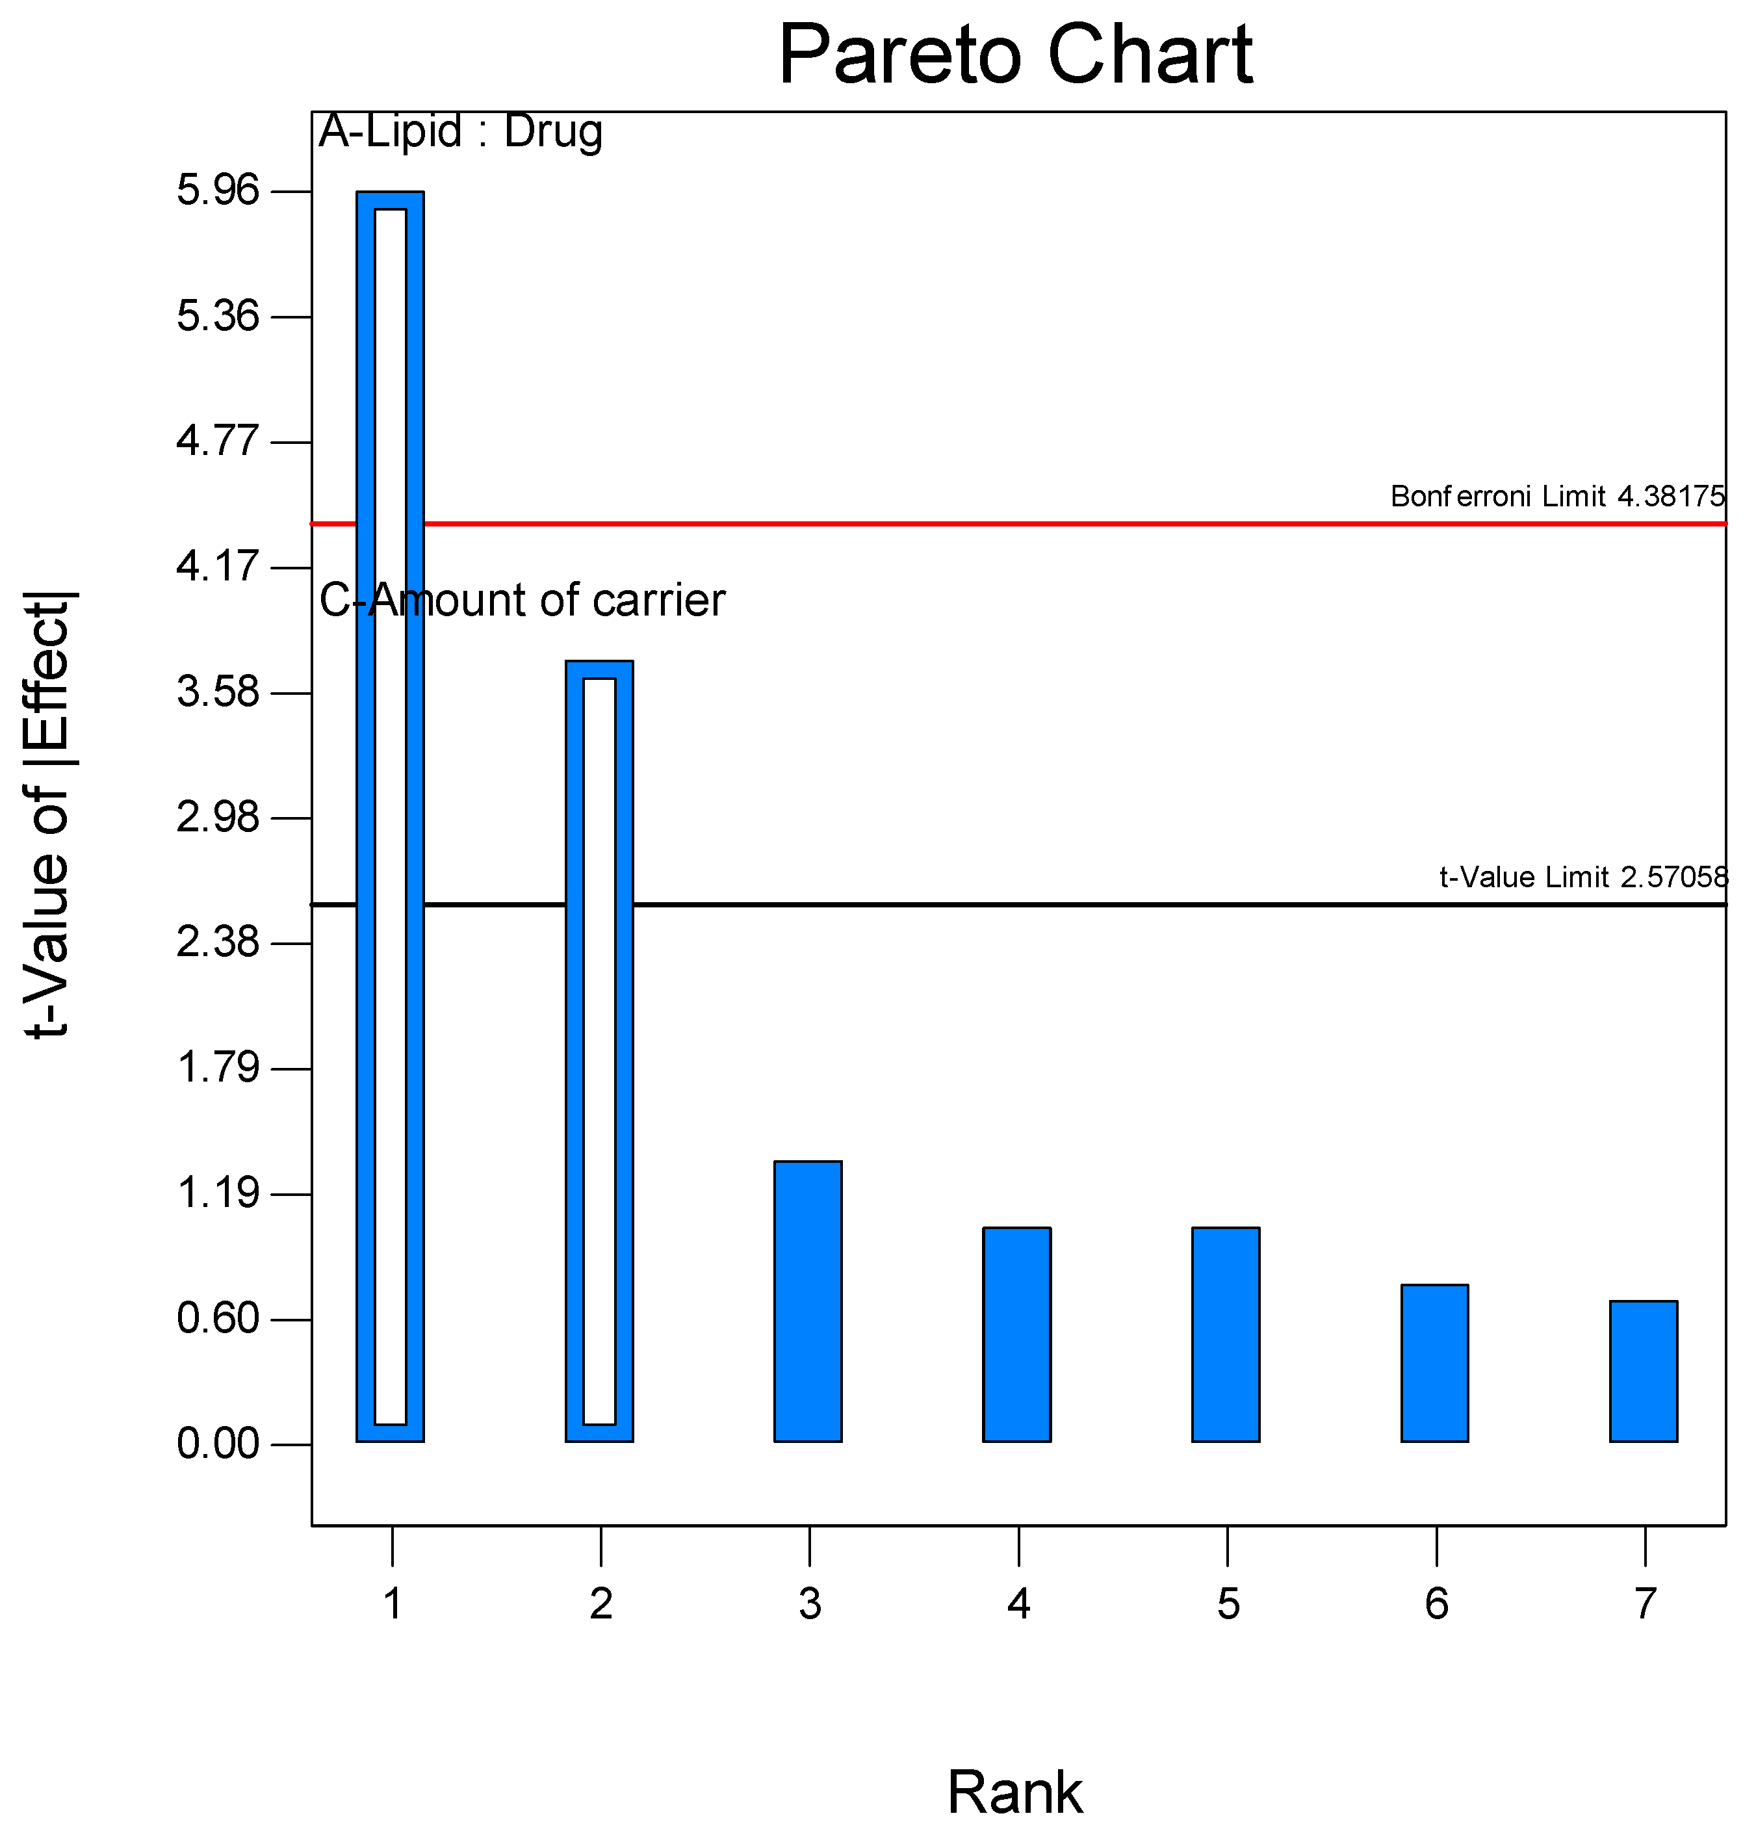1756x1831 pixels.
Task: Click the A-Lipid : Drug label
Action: tap(461, 131)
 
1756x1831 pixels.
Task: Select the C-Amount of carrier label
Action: tap(522, 600)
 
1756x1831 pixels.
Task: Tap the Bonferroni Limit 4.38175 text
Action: tap(1557, 496)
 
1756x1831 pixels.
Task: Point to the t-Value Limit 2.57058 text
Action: tap(1583, 877)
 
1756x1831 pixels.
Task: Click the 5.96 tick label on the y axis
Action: tap(218, 190)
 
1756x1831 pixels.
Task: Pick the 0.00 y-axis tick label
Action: tap(218, 1444)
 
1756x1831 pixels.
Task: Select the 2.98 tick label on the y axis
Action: tap(218, 818)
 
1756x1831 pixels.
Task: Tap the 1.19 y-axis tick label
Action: tap(218, 1194)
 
